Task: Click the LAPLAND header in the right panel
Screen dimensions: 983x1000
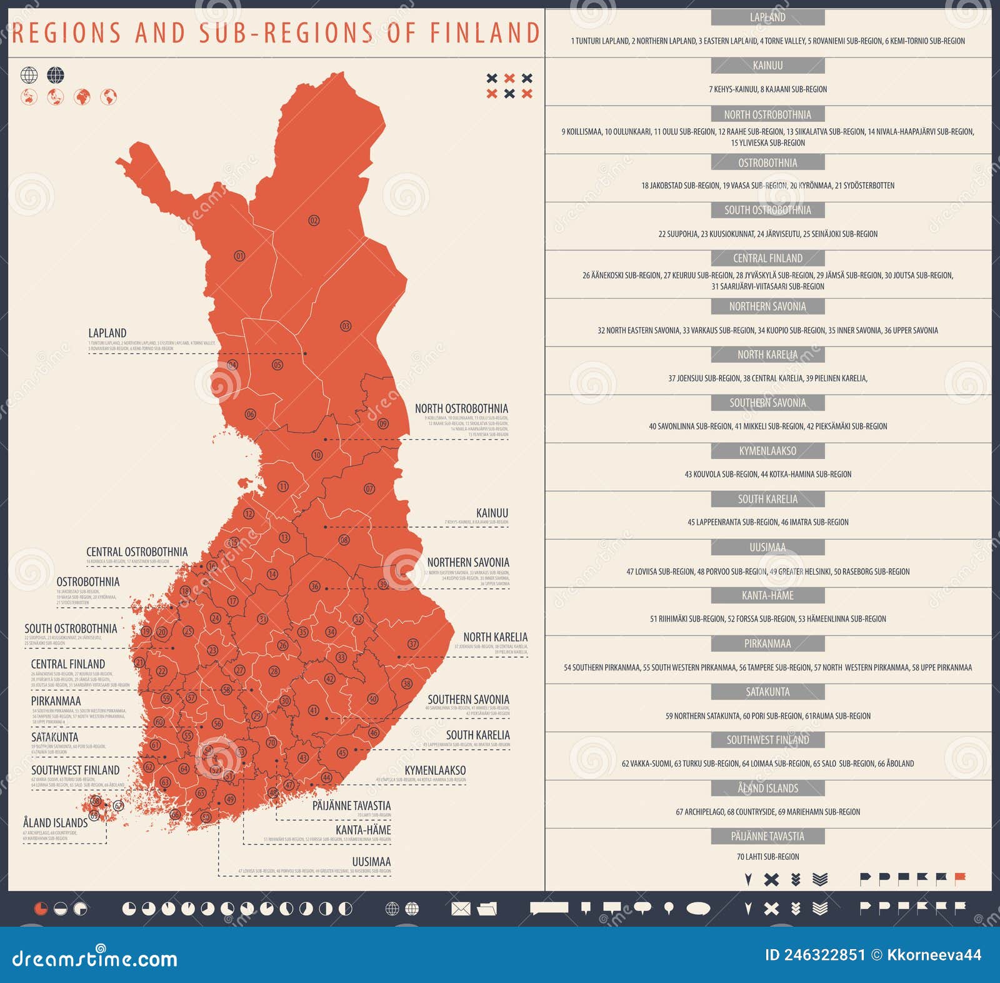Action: (x=767, y=18)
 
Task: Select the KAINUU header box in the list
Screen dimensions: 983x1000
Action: (x=767, y=66)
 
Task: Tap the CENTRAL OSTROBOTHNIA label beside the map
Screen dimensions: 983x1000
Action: (x=137, y=552)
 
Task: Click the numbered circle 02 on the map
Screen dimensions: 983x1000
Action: (x=314, y=220)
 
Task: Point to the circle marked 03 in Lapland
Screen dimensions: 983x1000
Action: (x=346, y=326)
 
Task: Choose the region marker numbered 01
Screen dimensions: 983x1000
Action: (x=239, y=256)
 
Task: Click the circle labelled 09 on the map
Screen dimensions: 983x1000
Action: (x=383, y=423)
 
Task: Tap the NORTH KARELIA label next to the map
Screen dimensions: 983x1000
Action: (x=495, y=637)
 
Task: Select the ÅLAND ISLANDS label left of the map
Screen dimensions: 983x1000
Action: (x=56, y=823)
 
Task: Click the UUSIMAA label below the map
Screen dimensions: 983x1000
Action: (x=371, y=862)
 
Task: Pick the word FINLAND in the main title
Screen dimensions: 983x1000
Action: (x=484, y=33)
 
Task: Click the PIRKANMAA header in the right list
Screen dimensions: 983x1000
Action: (x=767, y=644)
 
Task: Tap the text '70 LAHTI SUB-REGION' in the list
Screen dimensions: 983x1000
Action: (x=767, y=857)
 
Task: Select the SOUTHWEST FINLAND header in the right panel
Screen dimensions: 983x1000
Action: (x=767, y=740)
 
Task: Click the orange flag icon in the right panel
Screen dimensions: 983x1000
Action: (x=960, y=878)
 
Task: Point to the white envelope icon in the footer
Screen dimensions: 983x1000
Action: (x=461, y=909)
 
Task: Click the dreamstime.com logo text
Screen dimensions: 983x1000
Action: (x=95, y=958)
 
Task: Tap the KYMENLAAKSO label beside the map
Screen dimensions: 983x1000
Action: (x=435, y=770)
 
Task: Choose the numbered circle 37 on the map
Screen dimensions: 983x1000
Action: (x=413, y=644)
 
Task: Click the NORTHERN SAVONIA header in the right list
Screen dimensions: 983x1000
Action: (x=767, y=306)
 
